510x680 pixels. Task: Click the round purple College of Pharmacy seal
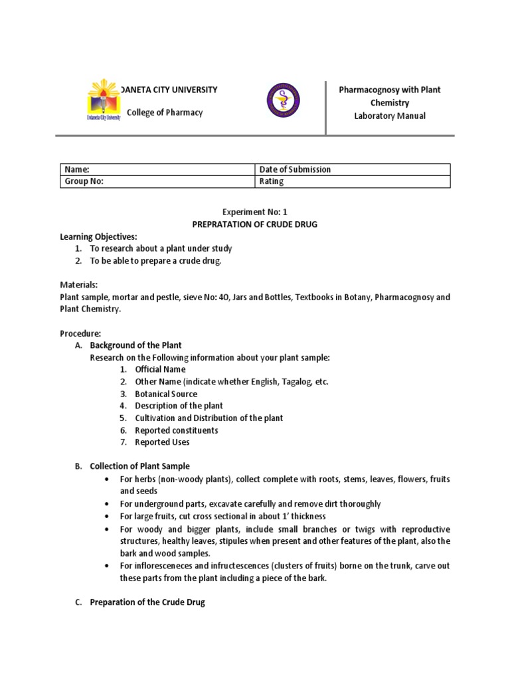[282, 101]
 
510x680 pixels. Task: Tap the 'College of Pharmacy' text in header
[165, 112]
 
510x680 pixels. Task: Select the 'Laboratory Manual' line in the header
[390, 116]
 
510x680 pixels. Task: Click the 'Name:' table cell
[157, 169]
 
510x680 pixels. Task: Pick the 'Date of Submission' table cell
[352, 169]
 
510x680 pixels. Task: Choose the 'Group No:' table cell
[157, 181]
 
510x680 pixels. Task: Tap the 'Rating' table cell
[352, 181]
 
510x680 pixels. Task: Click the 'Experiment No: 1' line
[255, 212]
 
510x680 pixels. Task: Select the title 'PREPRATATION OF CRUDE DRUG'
[255, 224]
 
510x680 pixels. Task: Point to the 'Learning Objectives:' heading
[98, 236]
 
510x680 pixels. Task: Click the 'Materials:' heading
[79, 284]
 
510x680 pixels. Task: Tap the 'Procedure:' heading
[80, 333]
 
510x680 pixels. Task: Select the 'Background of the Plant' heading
[135, 345]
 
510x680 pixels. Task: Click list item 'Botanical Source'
[166, 394]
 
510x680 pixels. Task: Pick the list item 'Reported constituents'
[176, 430]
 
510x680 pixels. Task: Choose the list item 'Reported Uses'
[162, 442]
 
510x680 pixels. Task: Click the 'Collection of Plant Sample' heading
[139, 466]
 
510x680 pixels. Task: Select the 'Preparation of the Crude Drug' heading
[147, 602]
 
